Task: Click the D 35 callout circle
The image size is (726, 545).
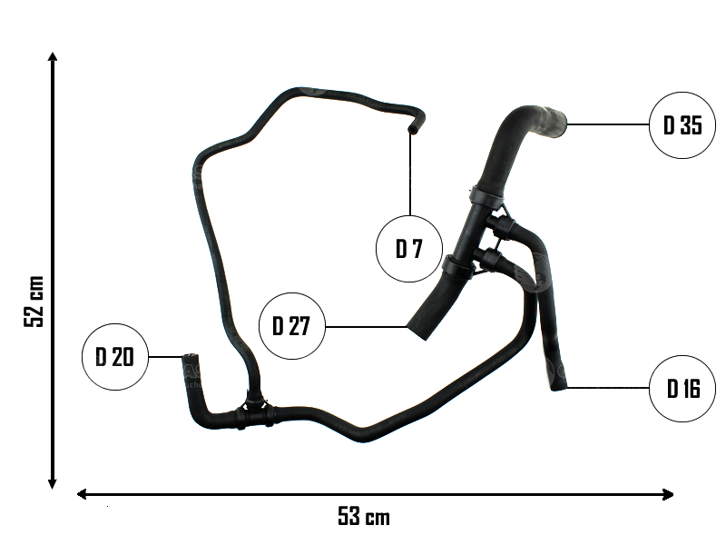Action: (x=682, y=125)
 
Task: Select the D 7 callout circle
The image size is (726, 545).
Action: (x=409, y=249)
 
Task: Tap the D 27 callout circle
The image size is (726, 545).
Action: (x=291, y=327)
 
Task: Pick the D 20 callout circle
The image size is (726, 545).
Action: (x=114, y=357)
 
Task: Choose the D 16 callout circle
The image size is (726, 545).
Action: (x=683, y=390)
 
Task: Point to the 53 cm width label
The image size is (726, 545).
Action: (x=364, y=518)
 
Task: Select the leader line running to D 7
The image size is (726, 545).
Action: (x=410, y=177)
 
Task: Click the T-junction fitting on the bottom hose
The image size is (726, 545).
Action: (x=253, y=414)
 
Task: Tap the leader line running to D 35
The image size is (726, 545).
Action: (x=608, y=124)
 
